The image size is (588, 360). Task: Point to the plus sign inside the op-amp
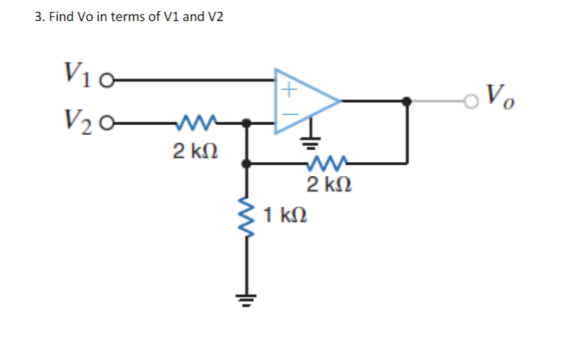point(288,89)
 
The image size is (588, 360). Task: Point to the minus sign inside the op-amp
point(288,113)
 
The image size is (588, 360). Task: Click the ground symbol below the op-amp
point(308,142)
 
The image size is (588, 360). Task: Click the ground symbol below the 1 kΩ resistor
point(246,298)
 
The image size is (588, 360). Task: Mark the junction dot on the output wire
point(406,101)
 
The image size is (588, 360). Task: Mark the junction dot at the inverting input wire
point(246,123)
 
